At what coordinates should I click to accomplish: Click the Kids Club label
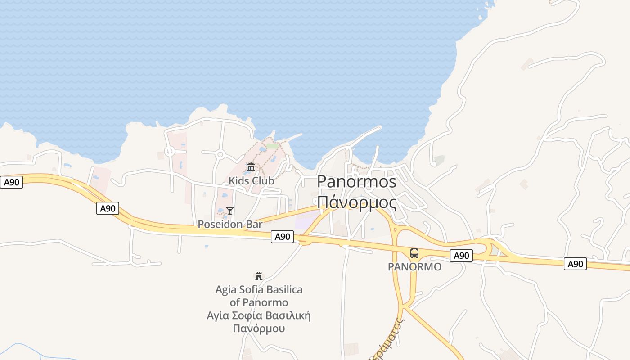251,181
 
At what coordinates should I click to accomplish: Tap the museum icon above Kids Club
251,167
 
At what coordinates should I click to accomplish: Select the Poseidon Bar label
230,224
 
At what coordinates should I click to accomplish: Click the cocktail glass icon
230,211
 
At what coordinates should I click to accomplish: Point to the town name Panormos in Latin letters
356,181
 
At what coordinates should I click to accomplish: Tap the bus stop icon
414,253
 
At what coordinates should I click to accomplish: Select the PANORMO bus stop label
414,267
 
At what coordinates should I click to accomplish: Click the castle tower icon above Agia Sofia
259,276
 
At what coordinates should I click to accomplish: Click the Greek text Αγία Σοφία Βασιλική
259,315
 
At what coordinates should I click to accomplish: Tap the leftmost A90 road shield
11,182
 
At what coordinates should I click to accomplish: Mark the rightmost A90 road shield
575,264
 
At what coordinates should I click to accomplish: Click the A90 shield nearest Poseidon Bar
282,237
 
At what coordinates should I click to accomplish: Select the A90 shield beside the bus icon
461,256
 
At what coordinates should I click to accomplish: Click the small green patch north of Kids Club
272,146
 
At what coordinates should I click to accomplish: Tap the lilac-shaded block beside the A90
306,222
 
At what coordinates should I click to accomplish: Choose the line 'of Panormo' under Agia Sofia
259,302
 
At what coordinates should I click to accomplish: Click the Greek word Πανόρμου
259,328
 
